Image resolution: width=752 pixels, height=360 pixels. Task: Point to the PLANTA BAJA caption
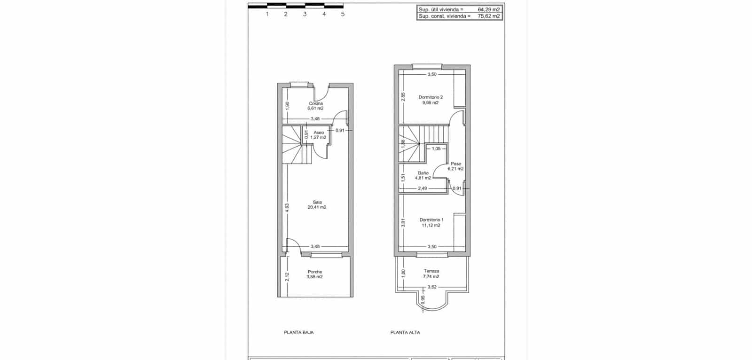(298, 332)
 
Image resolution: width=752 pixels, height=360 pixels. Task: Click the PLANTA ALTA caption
(405, 332)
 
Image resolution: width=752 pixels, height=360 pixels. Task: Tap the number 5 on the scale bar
(343, 14)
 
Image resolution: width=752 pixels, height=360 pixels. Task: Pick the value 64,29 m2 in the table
(489, 9)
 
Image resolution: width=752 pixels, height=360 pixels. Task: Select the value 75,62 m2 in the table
(489, 16)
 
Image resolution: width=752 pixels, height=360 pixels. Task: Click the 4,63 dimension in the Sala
(288, 208)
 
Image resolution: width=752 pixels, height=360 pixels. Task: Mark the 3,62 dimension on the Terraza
(432, 287)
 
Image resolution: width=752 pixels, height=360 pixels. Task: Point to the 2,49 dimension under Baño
(423, 188)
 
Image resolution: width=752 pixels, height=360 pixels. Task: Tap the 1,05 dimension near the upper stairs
(436, 149)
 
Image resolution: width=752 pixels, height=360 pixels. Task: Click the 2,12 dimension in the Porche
(288, 277)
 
